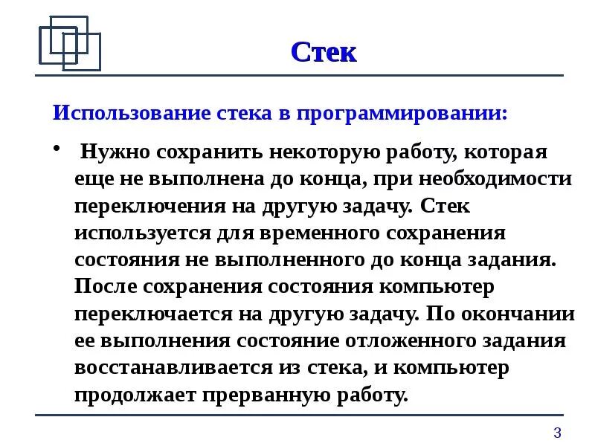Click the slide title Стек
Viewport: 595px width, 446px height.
pyautogui.click(x=324, y=52)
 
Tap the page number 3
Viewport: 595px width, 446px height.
pyautogui.click(x=557, y=433)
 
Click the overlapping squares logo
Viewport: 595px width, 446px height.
pyautogui.click(x=69, y=43)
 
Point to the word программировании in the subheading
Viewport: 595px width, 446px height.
pyautogui.click(x=403, y=115)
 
